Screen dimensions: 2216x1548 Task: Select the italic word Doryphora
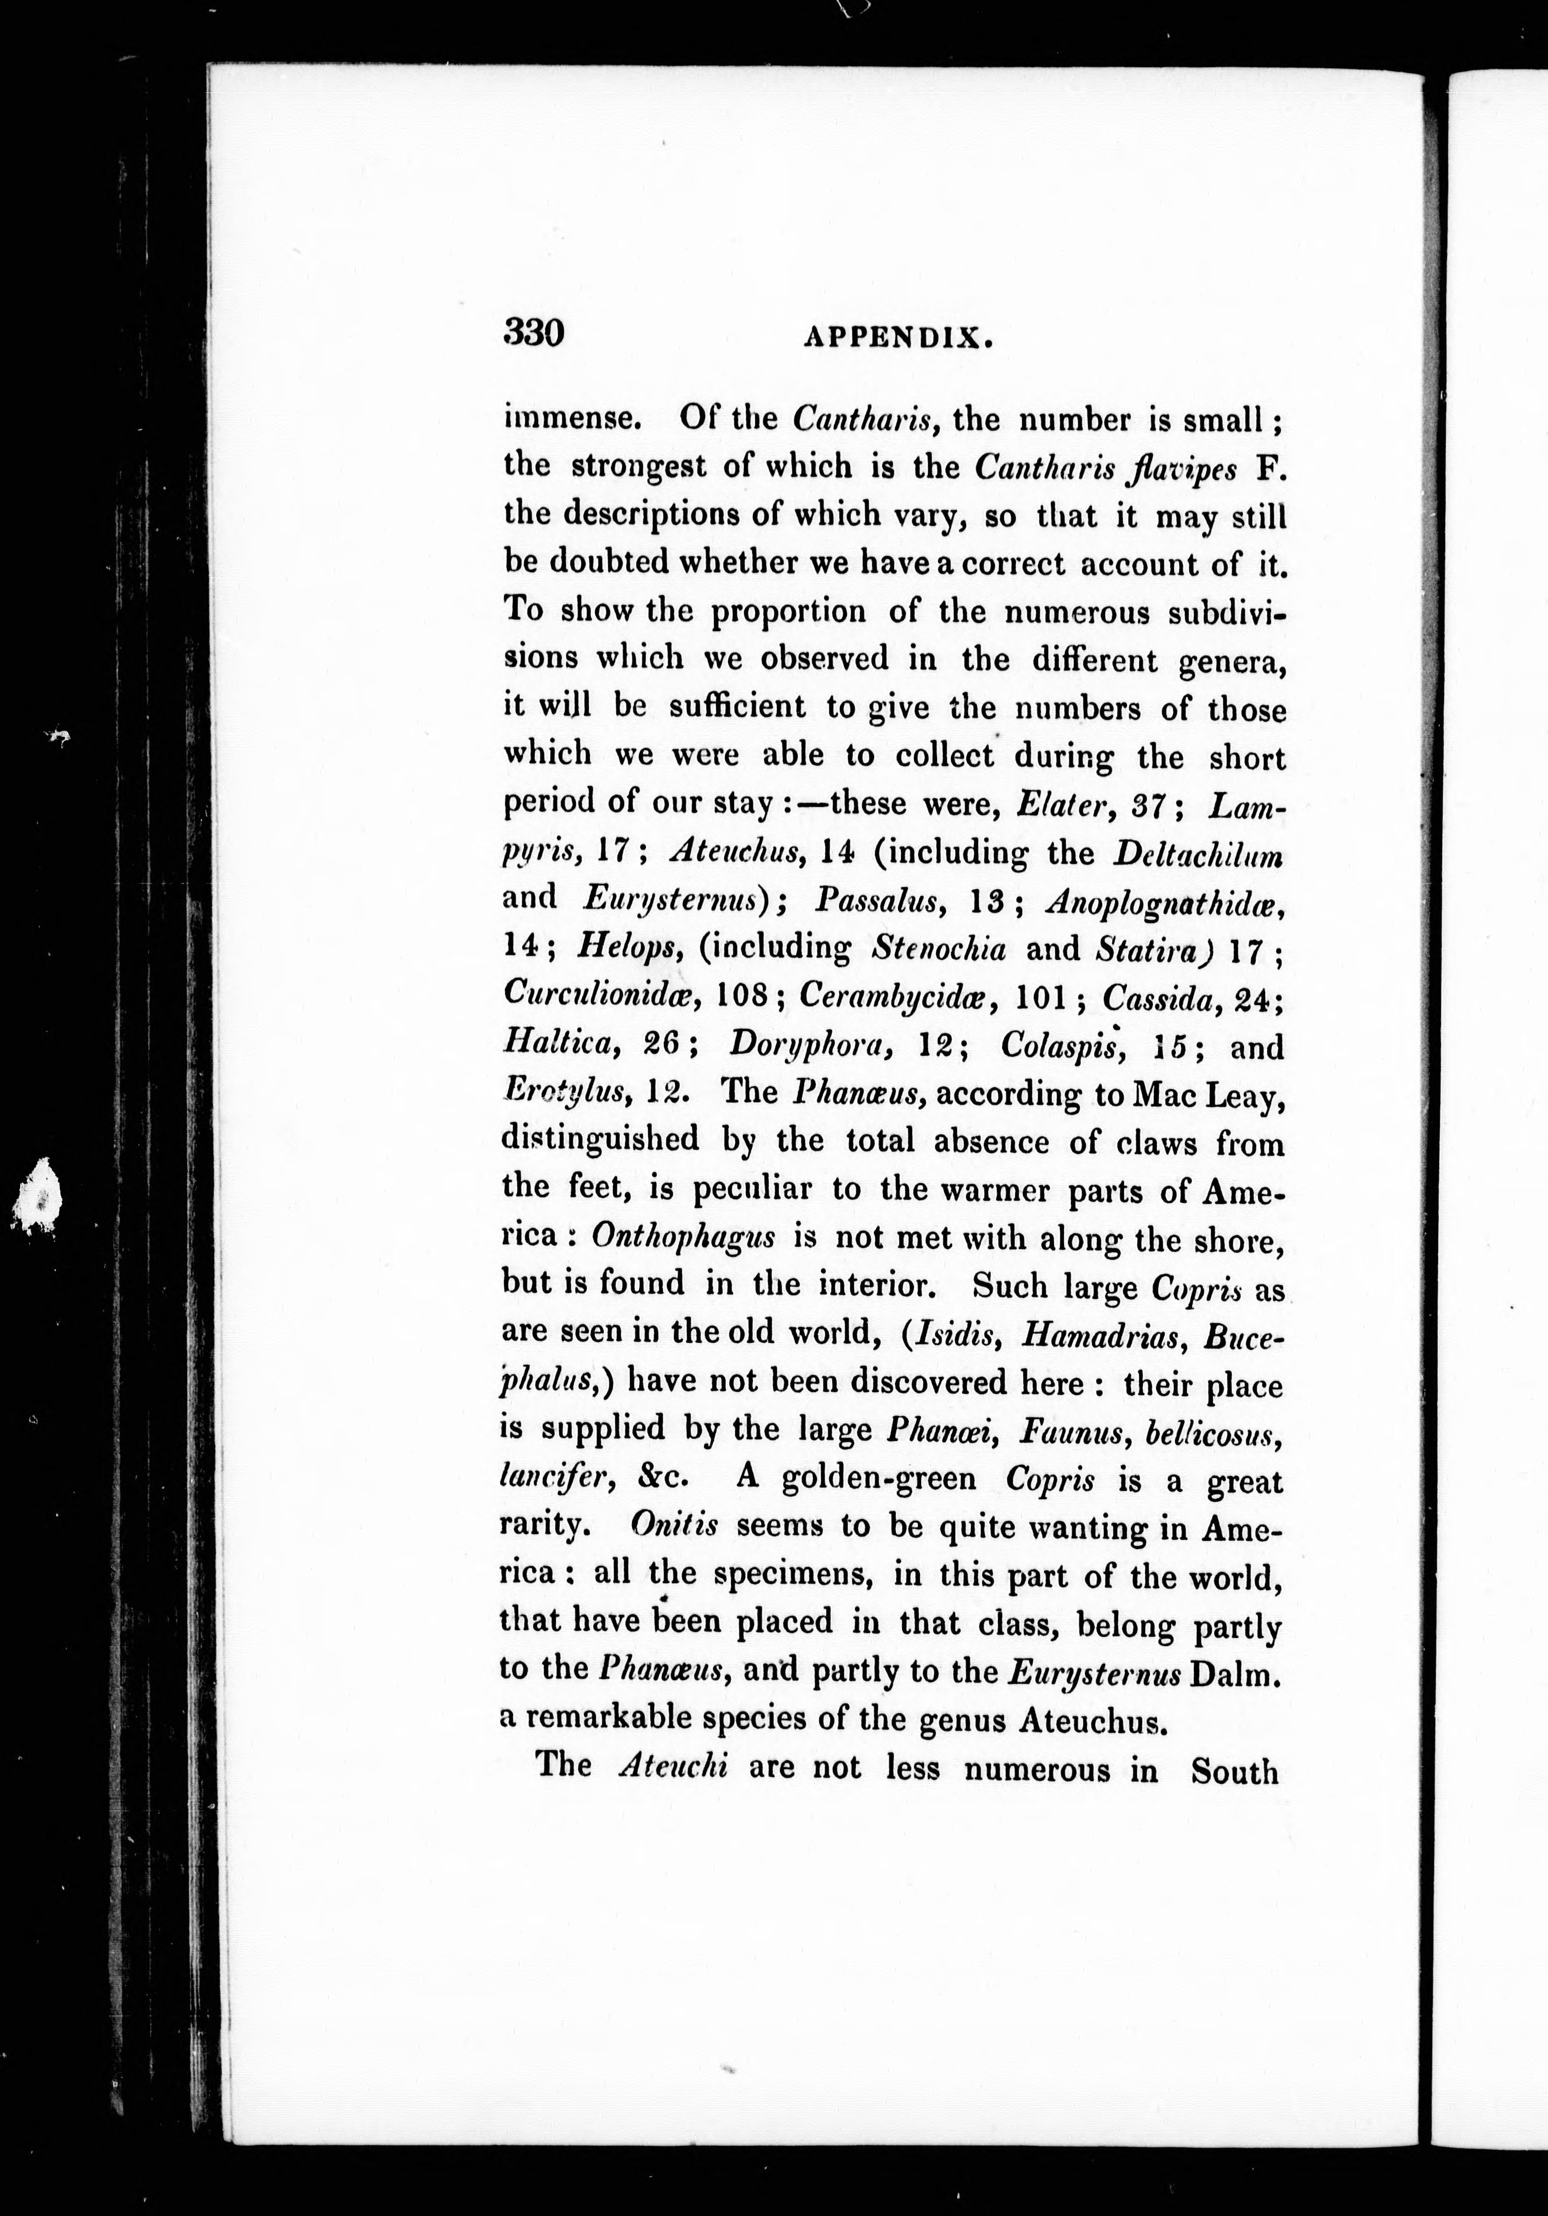(806, 1044)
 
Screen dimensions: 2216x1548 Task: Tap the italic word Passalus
(876, 900)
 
